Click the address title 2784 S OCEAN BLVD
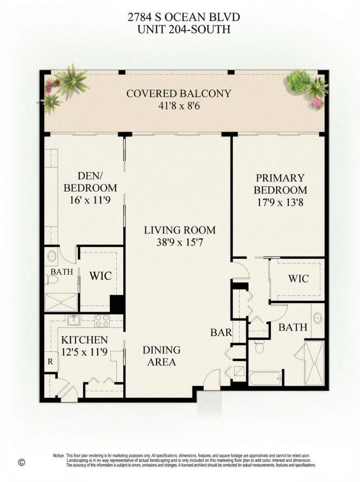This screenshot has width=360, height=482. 180,18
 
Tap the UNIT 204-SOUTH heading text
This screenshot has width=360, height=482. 180,30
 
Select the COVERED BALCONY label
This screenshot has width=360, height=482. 179,94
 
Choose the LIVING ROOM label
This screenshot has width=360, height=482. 180,230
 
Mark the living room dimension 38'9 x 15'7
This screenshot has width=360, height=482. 180,242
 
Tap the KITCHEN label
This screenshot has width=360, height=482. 85,340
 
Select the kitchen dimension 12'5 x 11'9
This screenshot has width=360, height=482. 85,351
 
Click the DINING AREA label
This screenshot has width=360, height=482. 162,356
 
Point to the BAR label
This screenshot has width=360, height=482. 221,333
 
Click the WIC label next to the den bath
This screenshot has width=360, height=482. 100,275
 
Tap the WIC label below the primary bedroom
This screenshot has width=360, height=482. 298,279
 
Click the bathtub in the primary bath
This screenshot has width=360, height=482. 265,378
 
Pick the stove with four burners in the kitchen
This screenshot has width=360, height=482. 102,320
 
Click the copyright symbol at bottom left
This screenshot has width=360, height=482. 20,462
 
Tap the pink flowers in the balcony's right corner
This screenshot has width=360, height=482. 317,103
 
